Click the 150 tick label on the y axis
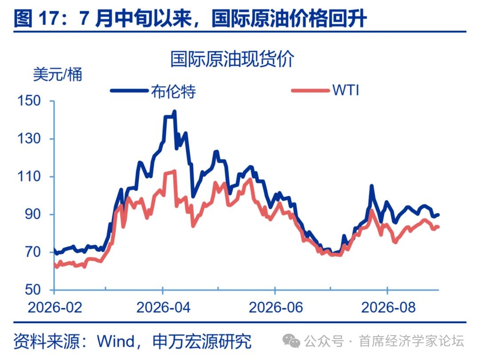point(29,101)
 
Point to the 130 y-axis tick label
point(29,139)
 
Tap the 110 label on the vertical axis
point(29,176)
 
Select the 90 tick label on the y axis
point(33,214)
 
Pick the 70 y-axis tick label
point(33,252)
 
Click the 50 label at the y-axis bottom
point(33,290)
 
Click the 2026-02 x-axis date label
point(55,307)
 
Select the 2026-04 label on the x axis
point(163,307)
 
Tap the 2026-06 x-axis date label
point(276,307)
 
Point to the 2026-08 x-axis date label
point(388,307)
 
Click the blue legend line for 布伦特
point(129,91)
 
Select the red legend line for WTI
point(310,91)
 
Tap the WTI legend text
point(346,90)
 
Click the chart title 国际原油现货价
point(232,59)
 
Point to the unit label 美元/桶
point(57,74)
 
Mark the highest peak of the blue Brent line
point(174,111)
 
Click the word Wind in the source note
point(116,341)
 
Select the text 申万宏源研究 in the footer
point(202,341)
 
